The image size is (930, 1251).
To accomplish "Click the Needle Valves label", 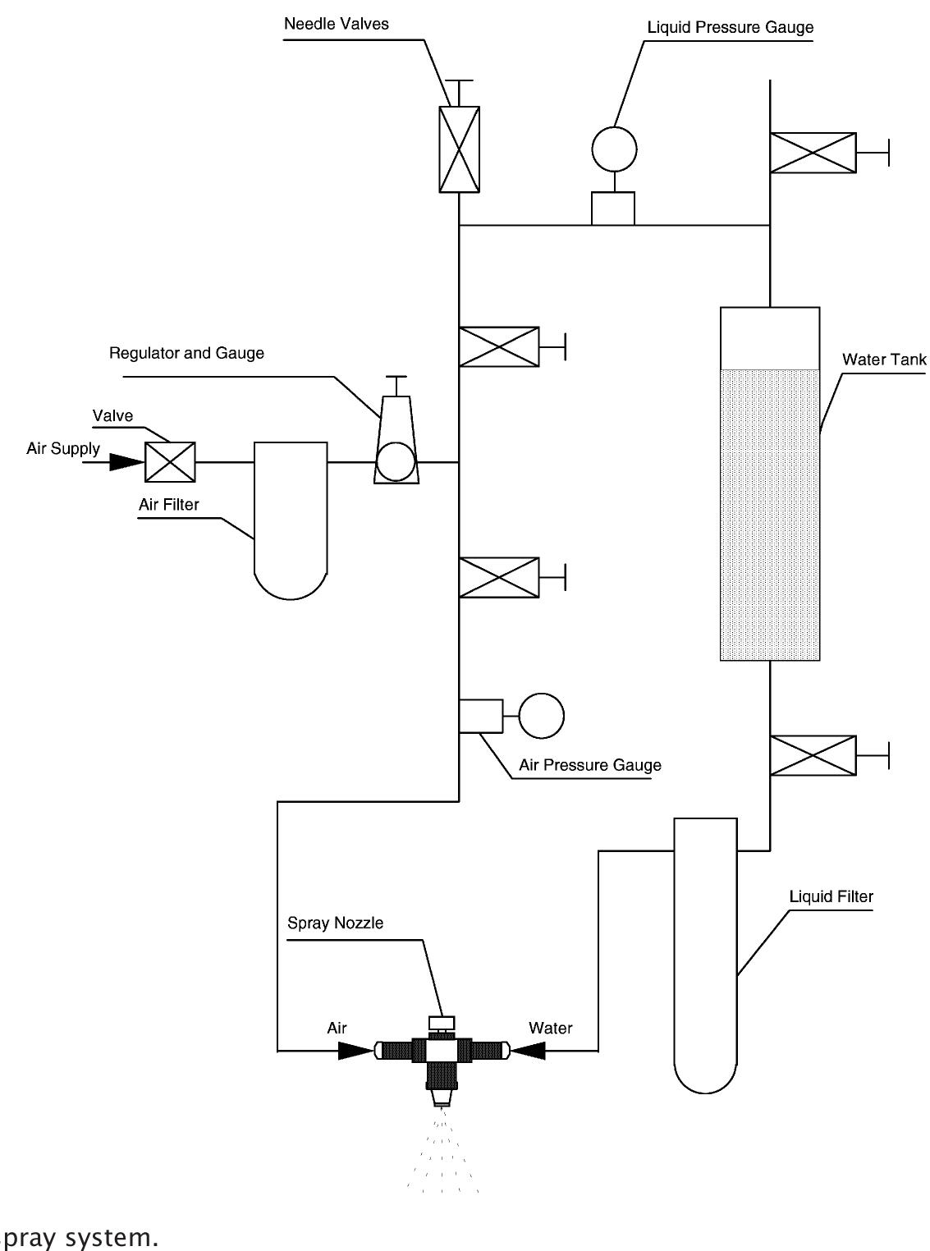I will tap(336, 23).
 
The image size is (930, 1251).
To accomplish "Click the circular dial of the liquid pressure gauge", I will tap(614, 149).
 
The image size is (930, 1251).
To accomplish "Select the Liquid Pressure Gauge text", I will tap(730, 27).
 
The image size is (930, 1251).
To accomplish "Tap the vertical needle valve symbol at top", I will tap(459, 149).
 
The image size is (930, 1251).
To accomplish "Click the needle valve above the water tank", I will tap(813, 153).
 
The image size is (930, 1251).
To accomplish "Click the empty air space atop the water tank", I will tap(769, 338).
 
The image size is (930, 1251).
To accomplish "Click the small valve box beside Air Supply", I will tap(170, 461).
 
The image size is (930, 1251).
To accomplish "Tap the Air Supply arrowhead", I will tap(126, 462).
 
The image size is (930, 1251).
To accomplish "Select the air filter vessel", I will tap(291, 517).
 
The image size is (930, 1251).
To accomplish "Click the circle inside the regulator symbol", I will tap(396, 461).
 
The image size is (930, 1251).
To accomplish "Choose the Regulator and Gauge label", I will tap(186, 353).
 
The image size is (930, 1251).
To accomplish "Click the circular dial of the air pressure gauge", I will tap(542, 716).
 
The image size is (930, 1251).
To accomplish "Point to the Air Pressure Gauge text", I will tap(589, 765).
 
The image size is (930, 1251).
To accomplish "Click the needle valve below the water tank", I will tap(813, 756).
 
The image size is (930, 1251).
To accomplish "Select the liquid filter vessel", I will tap(705, 952).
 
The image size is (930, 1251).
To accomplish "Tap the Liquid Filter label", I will tap(831, 896).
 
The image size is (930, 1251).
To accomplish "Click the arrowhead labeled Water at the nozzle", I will tap(528, 1050).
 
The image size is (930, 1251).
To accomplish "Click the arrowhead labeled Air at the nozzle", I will tap(355, 1050).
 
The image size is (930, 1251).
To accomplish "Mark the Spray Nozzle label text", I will tap(335, 923).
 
